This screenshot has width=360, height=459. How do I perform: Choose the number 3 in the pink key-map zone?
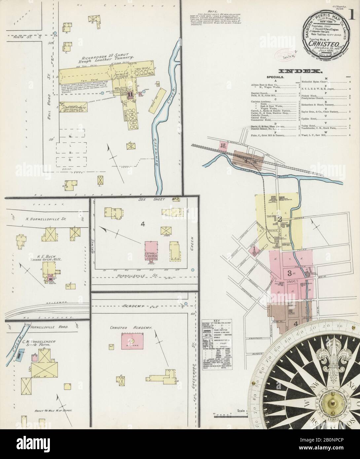pyautogui.click(x=289, y=273)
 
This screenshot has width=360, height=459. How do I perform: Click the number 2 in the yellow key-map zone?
pyautogui.click(x=279, y=219)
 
